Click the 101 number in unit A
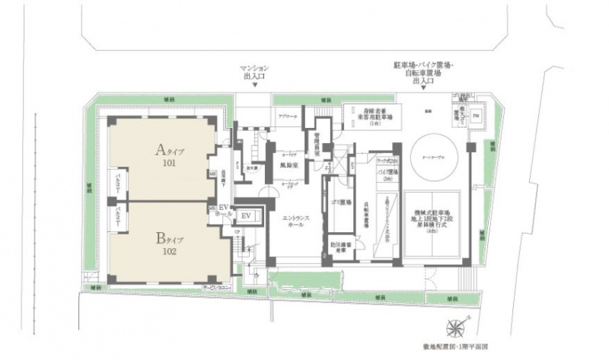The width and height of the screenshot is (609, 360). [167, 162]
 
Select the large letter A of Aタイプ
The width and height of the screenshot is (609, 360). [161, 148]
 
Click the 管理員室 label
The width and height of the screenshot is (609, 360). [315, 140]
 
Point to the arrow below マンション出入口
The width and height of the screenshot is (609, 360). [256, 85]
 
